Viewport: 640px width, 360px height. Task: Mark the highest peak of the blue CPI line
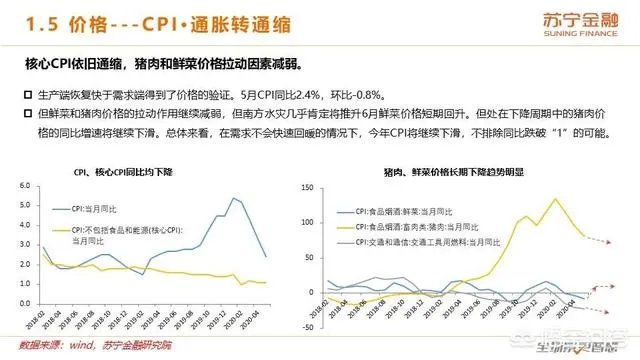(x=234, y=198)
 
